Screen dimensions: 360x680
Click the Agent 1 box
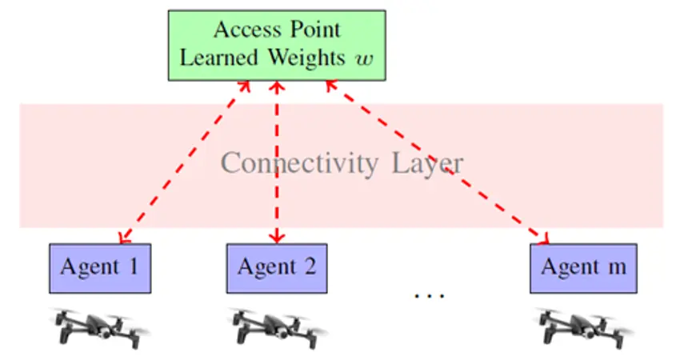99,267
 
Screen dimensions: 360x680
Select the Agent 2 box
277,267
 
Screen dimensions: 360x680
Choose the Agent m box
583,267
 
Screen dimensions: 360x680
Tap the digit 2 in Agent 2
309,266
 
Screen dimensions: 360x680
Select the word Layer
427,163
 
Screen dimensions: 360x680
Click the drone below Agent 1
99,326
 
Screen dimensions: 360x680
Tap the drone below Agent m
583,326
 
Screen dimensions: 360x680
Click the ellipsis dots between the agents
429,296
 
